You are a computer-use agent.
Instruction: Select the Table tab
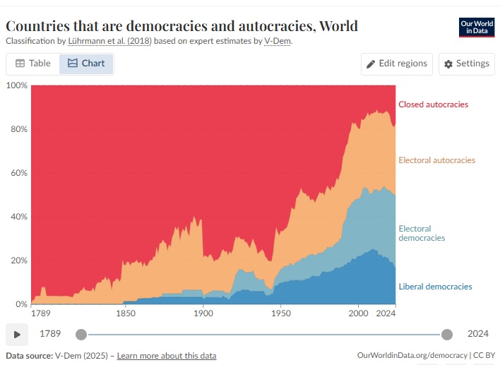[x=33, y=64]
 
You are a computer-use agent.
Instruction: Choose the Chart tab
[x=86, y=64]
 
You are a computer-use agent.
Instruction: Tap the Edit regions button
[x=396, y=64]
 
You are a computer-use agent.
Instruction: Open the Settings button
[x=466, y=64]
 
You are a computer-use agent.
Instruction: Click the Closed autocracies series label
[x=433, y=104]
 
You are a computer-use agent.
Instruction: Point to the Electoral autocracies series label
[x=436, y=160]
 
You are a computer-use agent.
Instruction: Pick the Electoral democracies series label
[x=422, y=233]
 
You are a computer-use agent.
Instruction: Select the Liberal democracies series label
[x=435, y=287]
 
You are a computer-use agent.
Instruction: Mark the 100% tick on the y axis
[x=17, y=85]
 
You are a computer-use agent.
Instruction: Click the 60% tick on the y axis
[x=18, y=173]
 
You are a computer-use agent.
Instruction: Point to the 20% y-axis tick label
[x=18, y=261]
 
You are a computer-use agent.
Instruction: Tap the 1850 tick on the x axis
[x=125, y=313]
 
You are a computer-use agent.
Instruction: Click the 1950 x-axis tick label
[x=281, y=313]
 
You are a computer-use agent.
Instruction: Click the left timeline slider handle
[x=81, y=334]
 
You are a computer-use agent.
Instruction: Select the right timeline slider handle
[x=446, y=334]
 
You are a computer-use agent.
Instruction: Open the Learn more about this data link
[x=167, y=356]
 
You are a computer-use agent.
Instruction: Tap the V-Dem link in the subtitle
[x=277, y=41]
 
